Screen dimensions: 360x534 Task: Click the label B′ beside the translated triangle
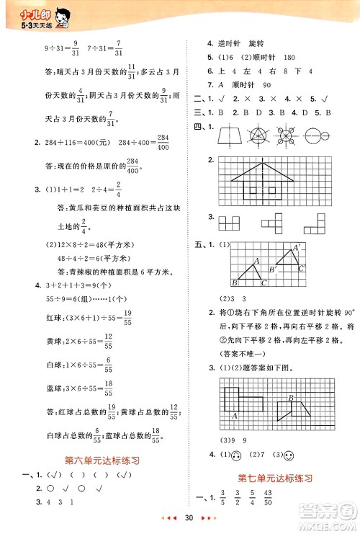[271, 270]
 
